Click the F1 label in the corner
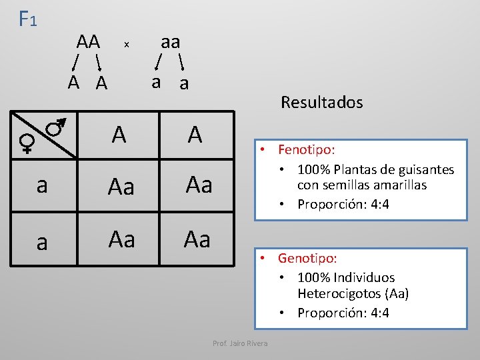[27, 19]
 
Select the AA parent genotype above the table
[88, 42]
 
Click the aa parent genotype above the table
[171, 42]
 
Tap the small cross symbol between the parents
[126, 45]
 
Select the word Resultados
[321, 102]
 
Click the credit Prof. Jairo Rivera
[240, 343]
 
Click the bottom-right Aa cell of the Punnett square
[197, 239]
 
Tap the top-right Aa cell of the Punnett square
[199, 185]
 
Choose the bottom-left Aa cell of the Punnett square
[121, 239]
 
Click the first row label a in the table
[42, 186]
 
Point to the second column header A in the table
[195, 135]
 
